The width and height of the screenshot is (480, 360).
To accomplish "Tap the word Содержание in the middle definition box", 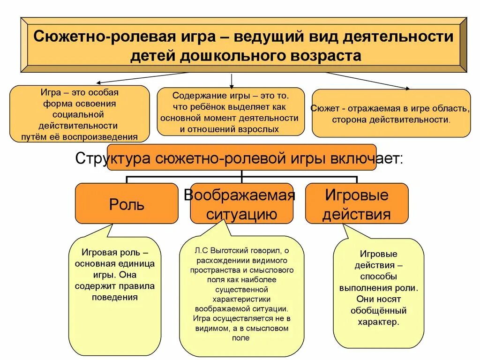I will point(194,96).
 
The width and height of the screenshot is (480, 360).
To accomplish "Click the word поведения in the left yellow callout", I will point(115,297).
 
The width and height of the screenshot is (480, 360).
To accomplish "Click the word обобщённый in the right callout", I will point(378,310).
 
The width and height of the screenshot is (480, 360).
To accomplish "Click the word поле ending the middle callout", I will point(241,338).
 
